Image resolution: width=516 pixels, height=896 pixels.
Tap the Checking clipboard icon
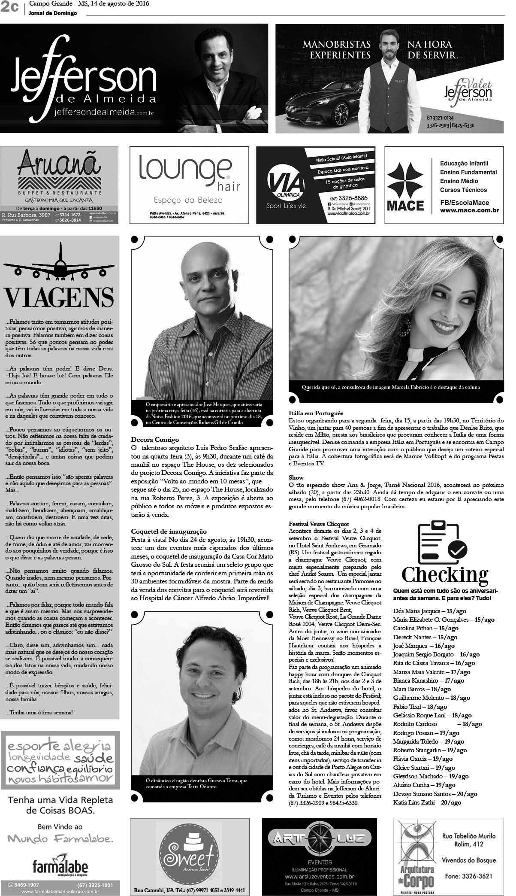pos(443,541)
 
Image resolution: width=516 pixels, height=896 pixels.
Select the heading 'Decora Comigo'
pos(155,440)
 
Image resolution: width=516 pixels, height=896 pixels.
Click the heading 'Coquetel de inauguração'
pos(169,532)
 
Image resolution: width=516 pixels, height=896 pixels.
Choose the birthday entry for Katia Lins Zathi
pos(427,802)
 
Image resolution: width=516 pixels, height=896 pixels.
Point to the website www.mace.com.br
pos(469,210)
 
